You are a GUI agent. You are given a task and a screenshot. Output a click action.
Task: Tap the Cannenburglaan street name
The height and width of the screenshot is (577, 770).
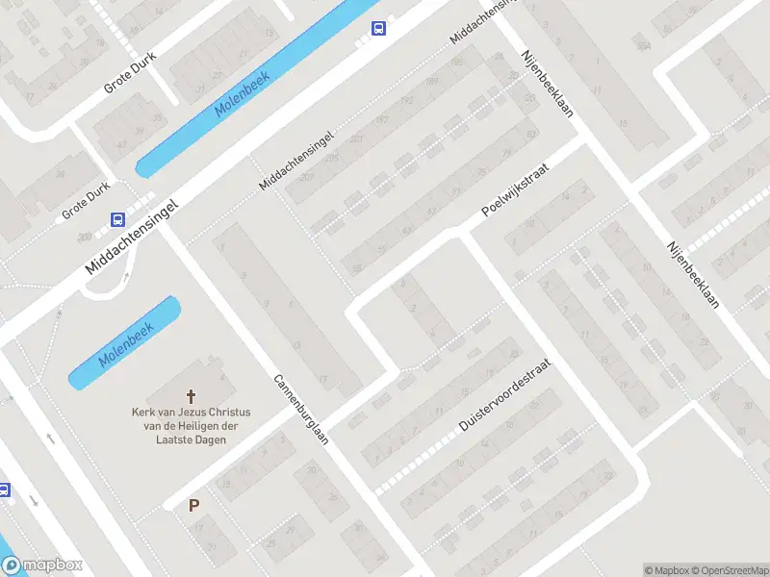pyautogui.click(x=301, y=410)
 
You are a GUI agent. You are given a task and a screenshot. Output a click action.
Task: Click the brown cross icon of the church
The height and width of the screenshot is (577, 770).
pyautogui.click(x=190, y=395)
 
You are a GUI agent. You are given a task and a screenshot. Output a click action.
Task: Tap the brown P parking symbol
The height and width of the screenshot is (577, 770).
pyautogui.click(x=194, y=506)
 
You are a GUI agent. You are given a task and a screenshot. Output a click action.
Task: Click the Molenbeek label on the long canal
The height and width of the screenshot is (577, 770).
pyautogui.click(x=243, y=94)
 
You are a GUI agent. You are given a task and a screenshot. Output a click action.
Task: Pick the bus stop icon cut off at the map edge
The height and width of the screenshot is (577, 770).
pyautogui.click(x=4, y=489)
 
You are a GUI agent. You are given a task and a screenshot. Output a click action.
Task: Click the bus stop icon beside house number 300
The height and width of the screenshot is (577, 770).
pyautogui.click(x=117, y=220)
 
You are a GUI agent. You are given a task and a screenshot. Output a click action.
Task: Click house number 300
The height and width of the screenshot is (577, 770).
pyautogui.click(x=86, y=236)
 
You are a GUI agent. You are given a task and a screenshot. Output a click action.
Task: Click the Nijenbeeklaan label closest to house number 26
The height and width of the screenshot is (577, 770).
pyautogui.click(x=692, y=273)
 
